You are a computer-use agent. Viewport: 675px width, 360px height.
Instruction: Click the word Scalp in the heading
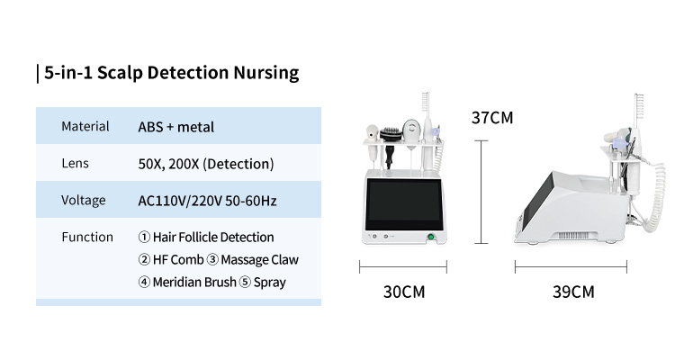(120, 73)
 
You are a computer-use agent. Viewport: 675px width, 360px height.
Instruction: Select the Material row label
(85, 126)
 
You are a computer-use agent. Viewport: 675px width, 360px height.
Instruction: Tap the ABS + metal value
(176, 127)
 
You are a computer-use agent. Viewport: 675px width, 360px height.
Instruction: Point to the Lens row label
(75, 163)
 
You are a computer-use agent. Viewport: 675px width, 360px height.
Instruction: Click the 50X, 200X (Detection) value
(206, 164)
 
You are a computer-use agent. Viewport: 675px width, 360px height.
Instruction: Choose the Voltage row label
(84, 200)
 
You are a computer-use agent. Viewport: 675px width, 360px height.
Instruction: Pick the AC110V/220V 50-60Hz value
(207, 201)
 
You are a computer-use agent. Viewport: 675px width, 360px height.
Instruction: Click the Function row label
(87, 237)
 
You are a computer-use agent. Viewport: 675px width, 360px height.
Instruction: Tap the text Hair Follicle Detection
(213, 238)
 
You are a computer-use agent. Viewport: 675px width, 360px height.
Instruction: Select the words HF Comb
(178, 260)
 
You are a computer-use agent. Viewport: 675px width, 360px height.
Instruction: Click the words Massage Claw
(259, 260)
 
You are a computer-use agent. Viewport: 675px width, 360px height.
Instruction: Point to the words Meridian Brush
(194, 282)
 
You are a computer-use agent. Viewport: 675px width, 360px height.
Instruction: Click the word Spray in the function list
(269, 283)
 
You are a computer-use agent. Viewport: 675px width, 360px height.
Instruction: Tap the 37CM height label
(492, 118)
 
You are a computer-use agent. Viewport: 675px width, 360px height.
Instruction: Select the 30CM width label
(404, 292)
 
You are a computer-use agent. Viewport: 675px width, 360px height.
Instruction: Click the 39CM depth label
(573, 292)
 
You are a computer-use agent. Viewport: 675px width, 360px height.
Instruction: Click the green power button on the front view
(430, 237)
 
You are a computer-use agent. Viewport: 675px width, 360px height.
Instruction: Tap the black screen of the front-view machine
(404, 205)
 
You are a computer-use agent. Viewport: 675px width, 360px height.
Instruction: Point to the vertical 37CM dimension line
(481, 192)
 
